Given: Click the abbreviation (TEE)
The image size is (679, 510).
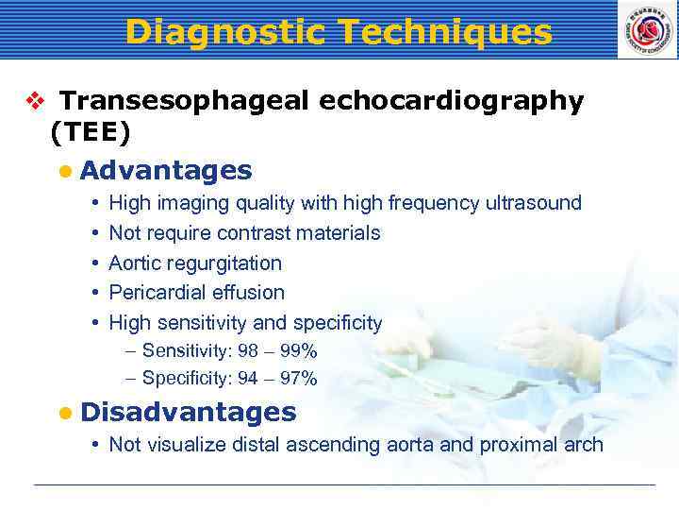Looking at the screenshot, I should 91,134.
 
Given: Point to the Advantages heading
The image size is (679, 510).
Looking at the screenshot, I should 166,170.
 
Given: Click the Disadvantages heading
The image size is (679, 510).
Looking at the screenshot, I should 189,412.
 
